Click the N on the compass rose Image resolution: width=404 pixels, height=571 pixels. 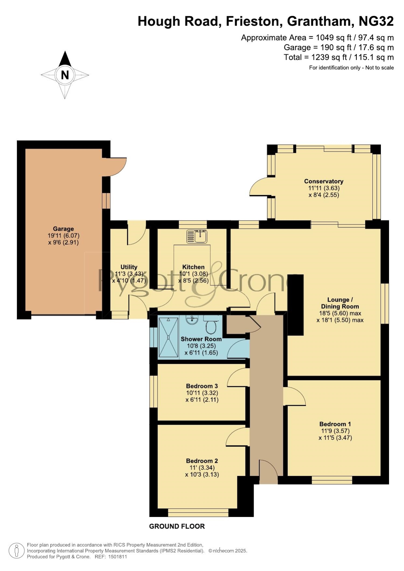click(65, 75)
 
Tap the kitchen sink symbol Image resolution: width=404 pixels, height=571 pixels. click(197, 237)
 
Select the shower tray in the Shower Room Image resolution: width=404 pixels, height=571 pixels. click(168, 337)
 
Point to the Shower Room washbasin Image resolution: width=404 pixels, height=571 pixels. click(192, 319)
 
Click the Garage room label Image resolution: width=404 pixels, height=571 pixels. click(63, 229)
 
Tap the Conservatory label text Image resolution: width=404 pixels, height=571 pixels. click(324, 181)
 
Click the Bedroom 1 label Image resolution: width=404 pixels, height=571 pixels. click(335, 424)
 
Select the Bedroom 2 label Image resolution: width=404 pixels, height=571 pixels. click(202, 461)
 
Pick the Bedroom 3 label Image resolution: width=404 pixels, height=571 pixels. click(202, 386)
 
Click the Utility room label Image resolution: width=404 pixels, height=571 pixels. click(129, 267)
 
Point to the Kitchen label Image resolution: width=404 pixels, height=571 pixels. click(193, 267)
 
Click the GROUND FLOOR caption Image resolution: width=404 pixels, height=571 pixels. click(177, 526)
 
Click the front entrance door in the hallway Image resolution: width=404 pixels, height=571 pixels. click(269, 471)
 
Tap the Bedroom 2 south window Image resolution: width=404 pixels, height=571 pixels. click(198, 512)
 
